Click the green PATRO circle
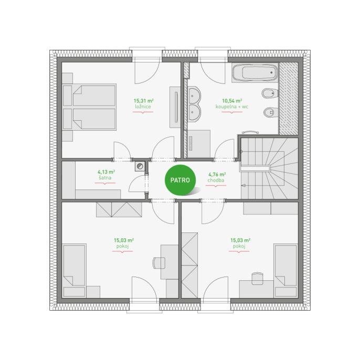[x=180, y=180]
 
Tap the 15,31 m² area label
[x=144, y=101]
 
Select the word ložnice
[x=143, y=107]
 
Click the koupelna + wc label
[x=232, y=107]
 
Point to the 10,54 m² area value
[x=232, y=101]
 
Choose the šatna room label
[x=105, y=178]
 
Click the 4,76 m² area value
[x=217, y=174]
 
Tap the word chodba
[x=216, y=180]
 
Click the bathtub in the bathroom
[x=255, y=73]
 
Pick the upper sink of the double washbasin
[x=194, y=96]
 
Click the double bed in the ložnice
[x=89, y=107]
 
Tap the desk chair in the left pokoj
[x=158, y=263]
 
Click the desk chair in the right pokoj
[x=257, y=279]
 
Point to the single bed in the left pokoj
[x=74, y=271]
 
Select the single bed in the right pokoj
[x=285, y=271]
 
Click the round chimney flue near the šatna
[x=140, y=166]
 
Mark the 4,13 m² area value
[x=107, y=172]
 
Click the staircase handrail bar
[x=255, y=169]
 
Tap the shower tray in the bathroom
[x=198, y=144]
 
